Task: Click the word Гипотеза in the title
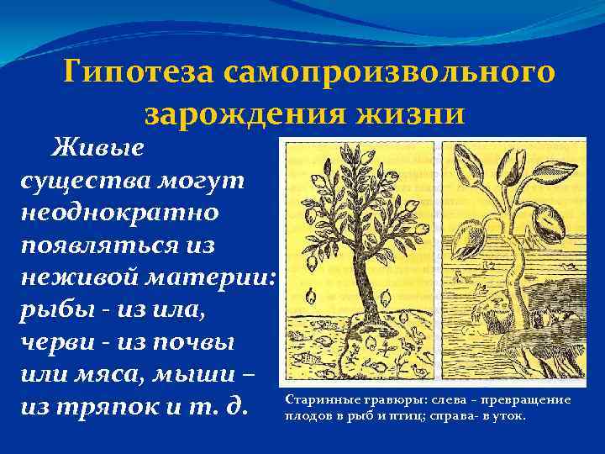pos(138,72)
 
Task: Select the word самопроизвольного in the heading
pos(389,72)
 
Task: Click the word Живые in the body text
pos(98,148)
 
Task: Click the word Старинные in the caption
pos(316,401)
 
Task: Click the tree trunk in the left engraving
pos(364,277)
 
